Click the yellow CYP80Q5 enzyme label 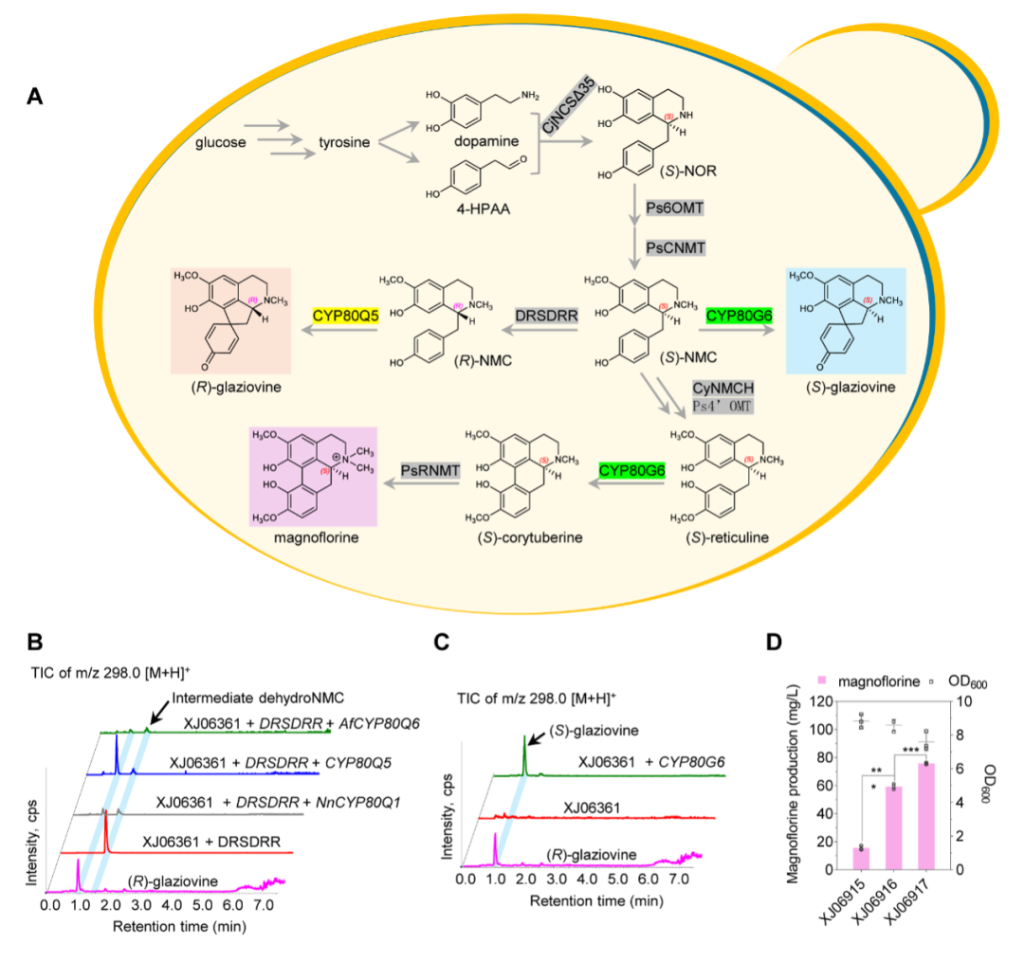tap(346, 315)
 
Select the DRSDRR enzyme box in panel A tap(547, 315)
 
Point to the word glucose tap(221, 143)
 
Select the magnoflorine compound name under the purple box tap(312, 537)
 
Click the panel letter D tap(775, 642)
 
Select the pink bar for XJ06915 tap(861, 859)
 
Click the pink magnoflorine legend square tap(823, 680)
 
